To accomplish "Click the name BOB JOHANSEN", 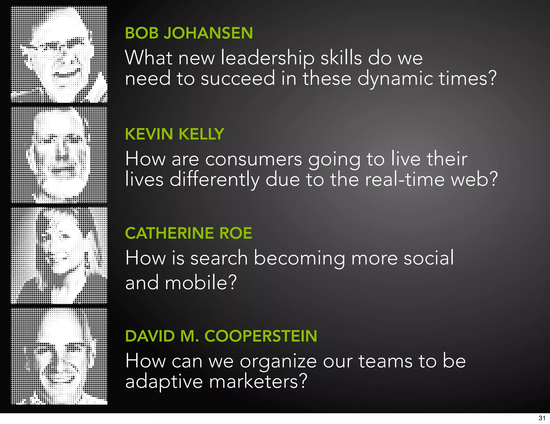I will point(189,33).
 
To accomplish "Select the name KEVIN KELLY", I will point(175,134).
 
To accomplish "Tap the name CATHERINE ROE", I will point(189,233).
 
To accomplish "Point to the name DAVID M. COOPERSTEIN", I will point(221,336).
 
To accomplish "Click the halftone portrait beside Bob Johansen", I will point(59,54).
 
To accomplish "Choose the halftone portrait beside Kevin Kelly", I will point(59,155).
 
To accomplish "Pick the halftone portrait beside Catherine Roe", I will point(59,256).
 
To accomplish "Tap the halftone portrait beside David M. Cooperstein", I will point(59,356).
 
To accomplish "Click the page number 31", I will point(542,418).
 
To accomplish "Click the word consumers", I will point(254,159).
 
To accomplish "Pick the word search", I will point(219,258).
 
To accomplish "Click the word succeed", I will point(238,79).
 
